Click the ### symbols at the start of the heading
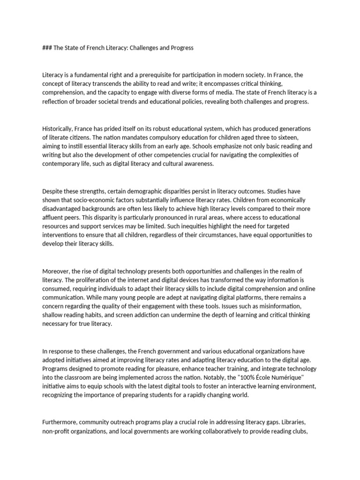coord(47,48)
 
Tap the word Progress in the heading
coord(180,48)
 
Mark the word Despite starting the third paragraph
coord(53,191)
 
